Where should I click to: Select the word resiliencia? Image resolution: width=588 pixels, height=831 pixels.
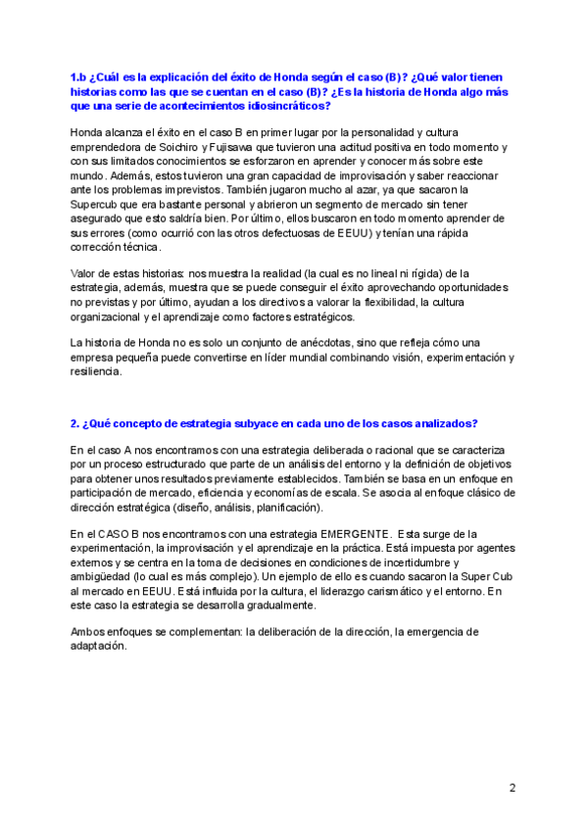tap(96, 372)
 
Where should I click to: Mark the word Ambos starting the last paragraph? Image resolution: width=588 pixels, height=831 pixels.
tap(89, 632)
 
